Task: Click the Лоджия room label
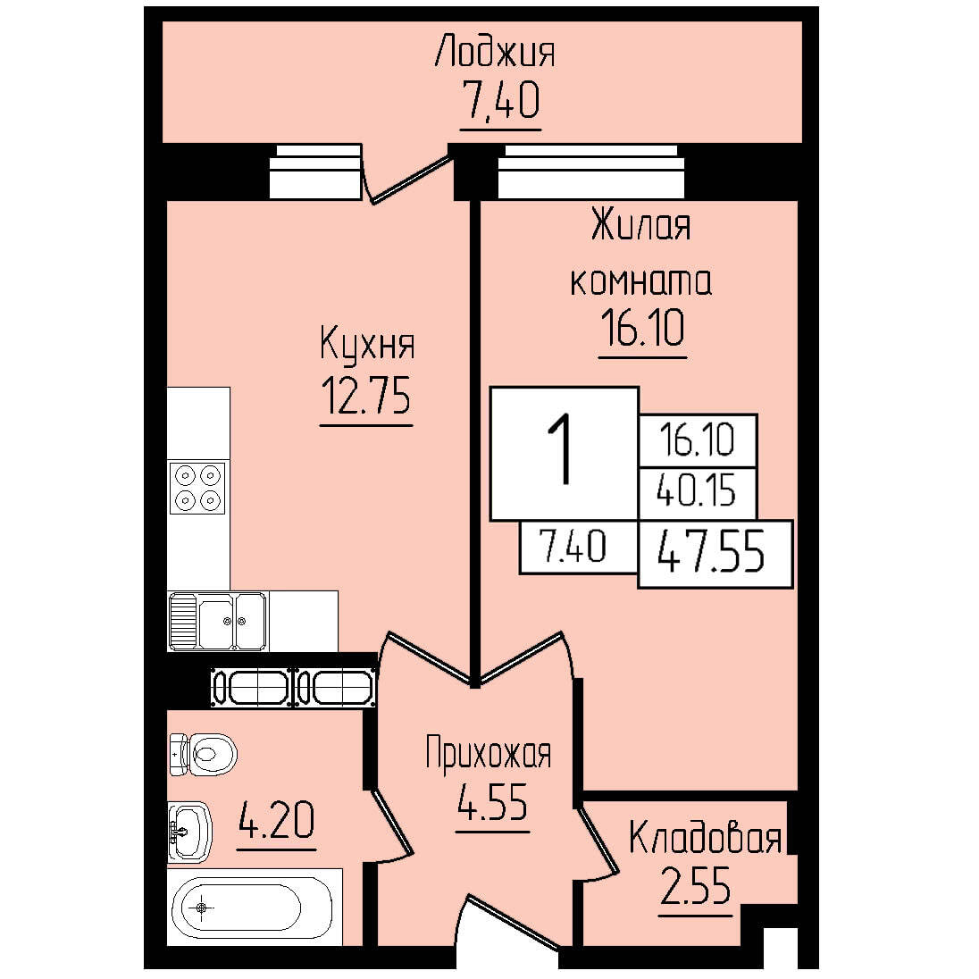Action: [495, 51]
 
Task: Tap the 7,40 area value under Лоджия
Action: [501, 101]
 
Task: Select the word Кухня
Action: [367, 343]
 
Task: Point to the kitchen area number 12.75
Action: [366, 396]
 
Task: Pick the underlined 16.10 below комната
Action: [642, 328]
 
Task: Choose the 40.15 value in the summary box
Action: [697, 492]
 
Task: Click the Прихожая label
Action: [489, 754]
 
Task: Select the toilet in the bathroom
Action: [203, 754]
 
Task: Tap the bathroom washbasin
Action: [190, 832]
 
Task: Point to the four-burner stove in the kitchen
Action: [197, 488]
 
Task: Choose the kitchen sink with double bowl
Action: [218, 621]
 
